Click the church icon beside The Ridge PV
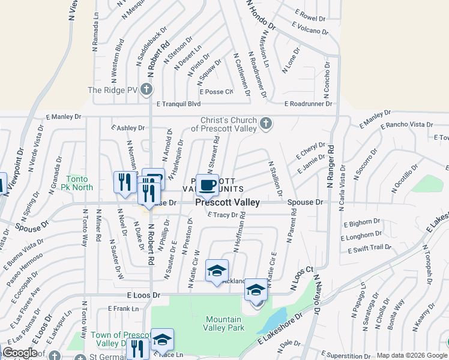147,91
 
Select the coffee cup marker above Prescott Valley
207,185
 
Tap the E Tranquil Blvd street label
178,104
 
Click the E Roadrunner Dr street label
309,104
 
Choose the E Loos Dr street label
144,295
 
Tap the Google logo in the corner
20,353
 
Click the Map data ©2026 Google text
411,355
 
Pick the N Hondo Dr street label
261,16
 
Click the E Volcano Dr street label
310,29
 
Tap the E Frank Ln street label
123,308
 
